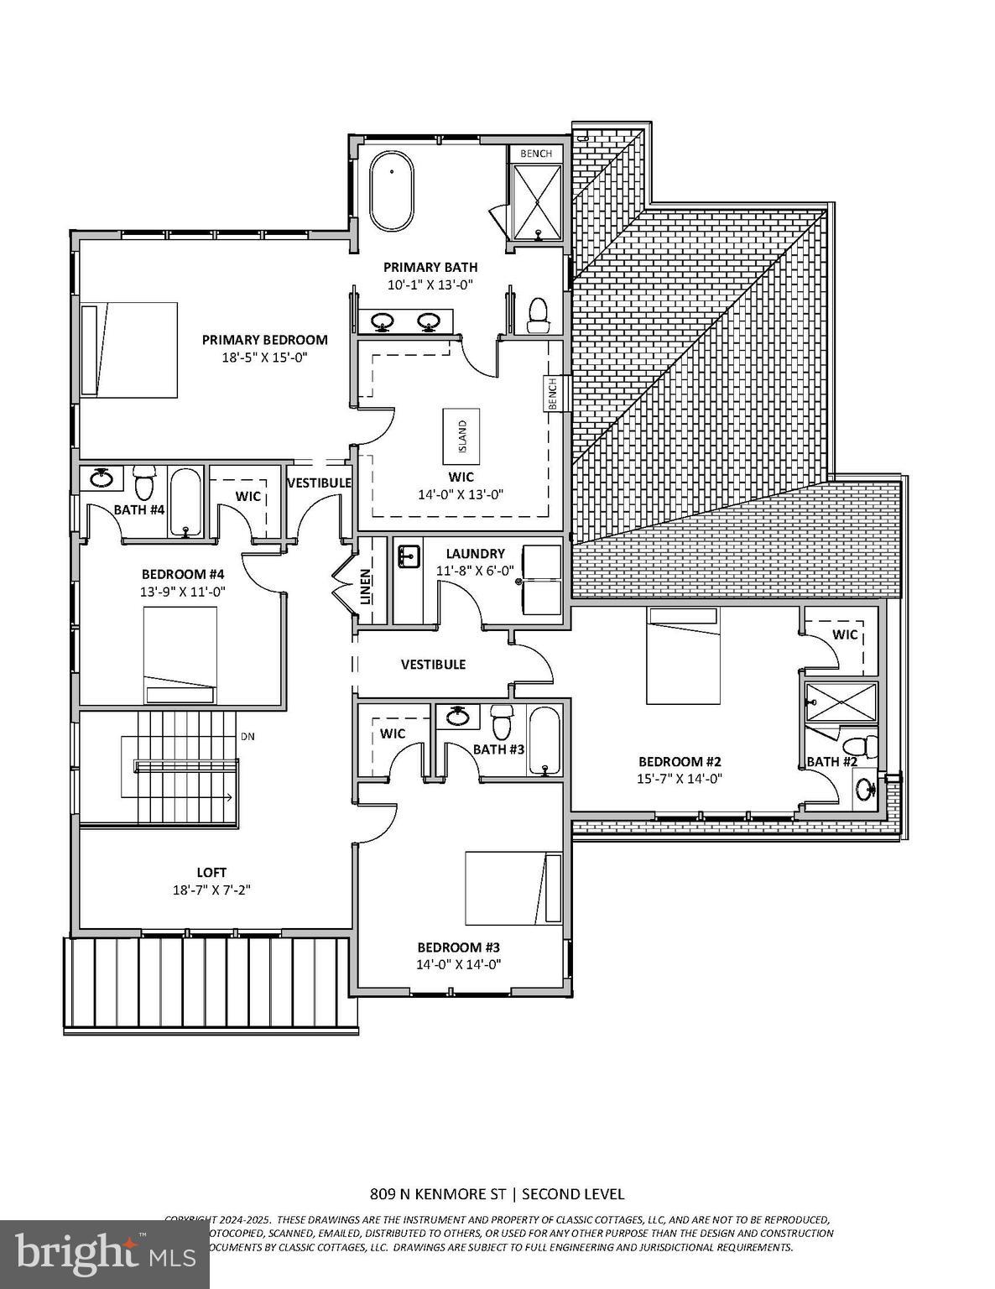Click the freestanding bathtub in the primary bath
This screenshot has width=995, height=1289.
pyautogui.click(x=391, y=192)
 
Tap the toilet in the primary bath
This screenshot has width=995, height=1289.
pyautogui.click(x=538, y=313)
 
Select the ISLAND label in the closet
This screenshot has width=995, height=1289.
pyautogui.click(x=461, y=436)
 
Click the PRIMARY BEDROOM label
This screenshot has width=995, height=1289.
pyautogui.click(x=264, y=340)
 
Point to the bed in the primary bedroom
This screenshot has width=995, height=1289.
pyautogui.click(x=130, y=349)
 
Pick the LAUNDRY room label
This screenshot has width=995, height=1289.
pyautogui.click(x=475, y=554)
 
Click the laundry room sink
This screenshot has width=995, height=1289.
pyautogui.click(x=409, y=556)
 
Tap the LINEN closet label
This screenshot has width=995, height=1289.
pyautogui.click(x=366, y=587)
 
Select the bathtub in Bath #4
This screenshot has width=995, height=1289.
pyautogui.click(x=185, y=502)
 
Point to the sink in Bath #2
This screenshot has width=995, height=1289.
pyautogui.click(x=866, y=790)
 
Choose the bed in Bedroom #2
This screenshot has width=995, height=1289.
pyautogui.click(x=683, y=655)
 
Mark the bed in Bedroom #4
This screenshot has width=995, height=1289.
pyautogui.click(x=180, y=655)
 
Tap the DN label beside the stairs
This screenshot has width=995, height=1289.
pyautogui.click(x=247, y=737)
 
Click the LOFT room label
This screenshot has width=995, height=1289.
pyautogui.click(x=212, y=873)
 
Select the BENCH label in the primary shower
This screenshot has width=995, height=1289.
pyautogui.click(x=536, y=154)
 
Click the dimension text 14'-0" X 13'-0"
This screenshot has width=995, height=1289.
pyautogui.click(x=460, y=494)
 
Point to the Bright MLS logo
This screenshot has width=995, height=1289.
pyautogui.click(x=104, y=1254)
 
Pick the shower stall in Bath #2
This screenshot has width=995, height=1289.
pyautogui.click(x=840, y=702)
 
